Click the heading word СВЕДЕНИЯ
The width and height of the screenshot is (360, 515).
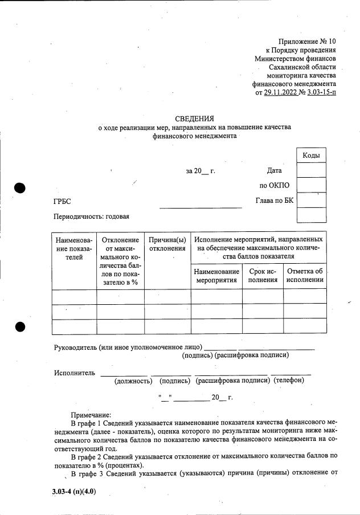point(194,118)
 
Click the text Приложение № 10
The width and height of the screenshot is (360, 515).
point(308,42)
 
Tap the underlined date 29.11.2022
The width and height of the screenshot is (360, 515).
point(281,92)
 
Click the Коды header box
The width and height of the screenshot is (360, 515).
point(311,156)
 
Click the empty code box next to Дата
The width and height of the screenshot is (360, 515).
point(311,170)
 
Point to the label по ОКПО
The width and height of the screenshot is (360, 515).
point(275,186)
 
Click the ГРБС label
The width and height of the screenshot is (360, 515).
point(62,201)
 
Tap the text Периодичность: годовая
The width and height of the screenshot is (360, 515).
point(92,216)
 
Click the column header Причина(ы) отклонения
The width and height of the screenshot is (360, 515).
point(167,244)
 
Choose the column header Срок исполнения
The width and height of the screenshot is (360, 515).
point(263,275)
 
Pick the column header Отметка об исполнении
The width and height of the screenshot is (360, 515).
point(305,275)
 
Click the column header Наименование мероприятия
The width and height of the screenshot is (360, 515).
point(216,275)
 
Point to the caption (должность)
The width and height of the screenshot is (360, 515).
point(133,380)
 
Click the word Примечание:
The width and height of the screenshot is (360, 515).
point(91,415)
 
